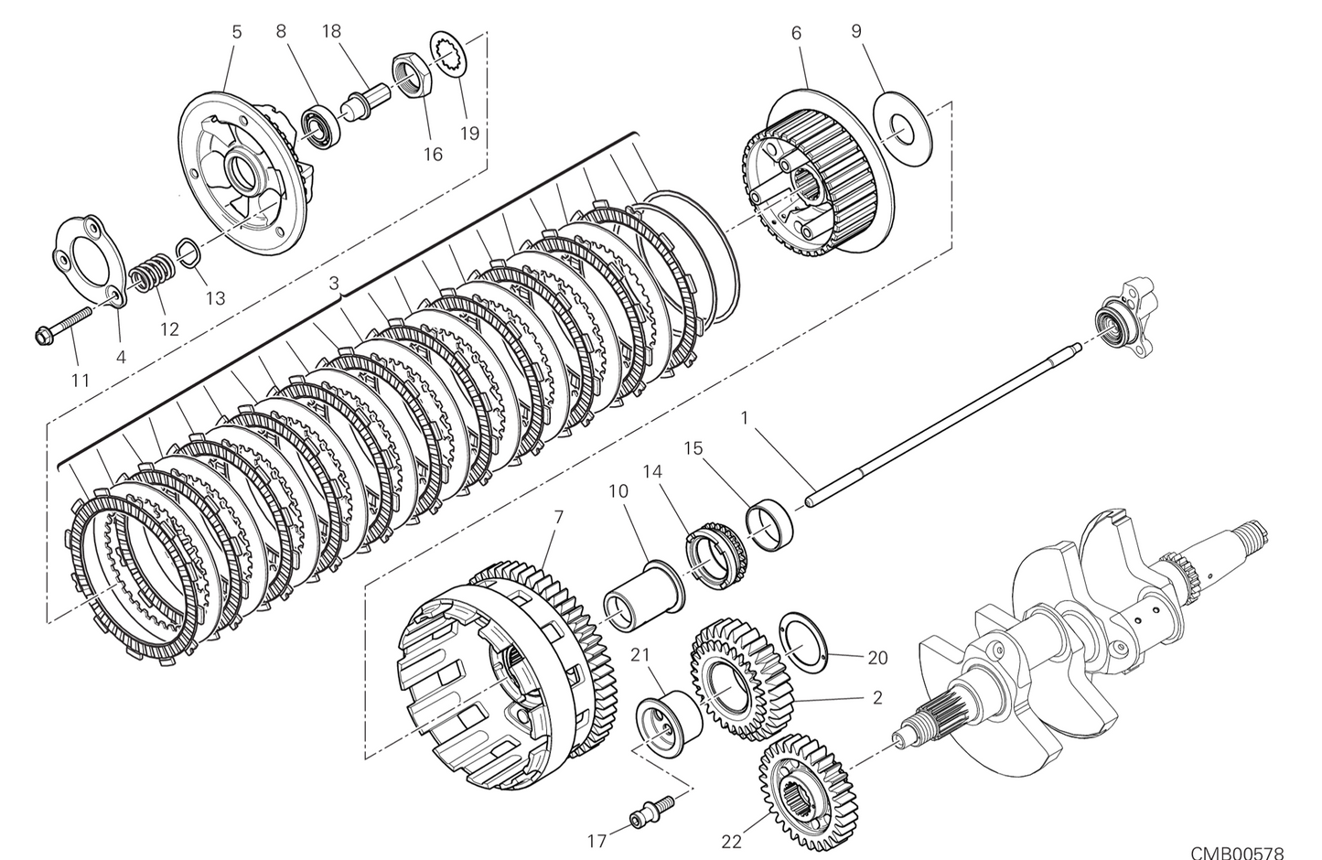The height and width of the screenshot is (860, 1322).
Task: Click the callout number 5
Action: coord(236,32)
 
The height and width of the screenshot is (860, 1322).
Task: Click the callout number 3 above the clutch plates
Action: coord(335,284)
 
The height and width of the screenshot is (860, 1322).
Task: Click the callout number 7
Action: coord(559,517)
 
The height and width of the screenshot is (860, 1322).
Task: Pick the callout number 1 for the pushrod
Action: coord(745,418)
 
